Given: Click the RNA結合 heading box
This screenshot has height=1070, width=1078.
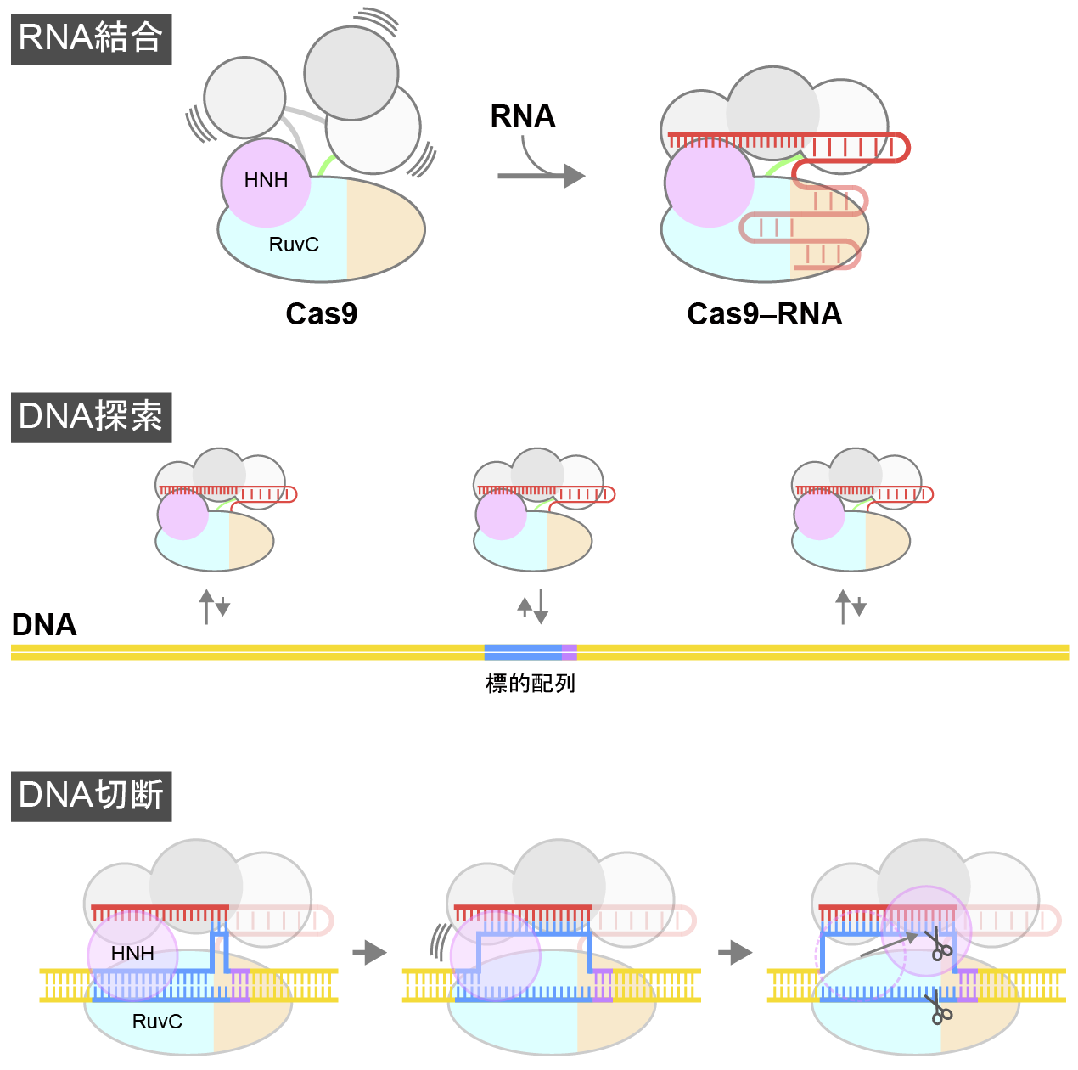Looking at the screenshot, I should click(x=91, y=39).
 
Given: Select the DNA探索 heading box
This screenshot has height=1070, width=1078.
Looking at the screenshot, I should click(x=91, y=417).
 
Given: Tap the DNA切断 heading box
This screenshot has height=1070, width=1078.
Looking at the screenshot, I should click(x=91, y=796).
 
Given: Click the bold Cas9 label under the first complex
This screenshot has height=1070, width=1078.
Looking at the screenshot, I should click(x=322, y=314).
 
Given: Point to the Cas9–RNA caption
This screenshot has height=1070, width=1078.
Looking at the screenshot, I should click(x=765, y=314).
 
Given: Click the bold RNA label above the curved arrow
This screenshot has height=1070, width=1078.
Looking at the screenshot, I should click(x=523, y=116).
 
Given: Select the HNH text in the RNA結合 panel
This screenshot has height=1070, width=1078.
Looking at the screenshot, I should click(x=266, y=180).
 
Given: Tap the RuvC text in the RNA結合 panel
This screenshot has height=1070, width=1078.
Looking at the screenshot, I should click(x=294, y=245).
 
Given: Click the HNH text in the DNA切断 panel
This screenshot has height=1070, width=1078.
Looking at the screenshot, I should click(x=132, y=954).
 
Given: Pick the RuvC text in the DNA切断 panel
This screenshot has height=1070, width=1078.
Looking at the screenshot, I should click(x=157, y=1022).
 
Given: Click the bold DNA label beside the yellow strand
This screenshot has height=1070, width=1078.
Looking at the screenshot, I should click(x=44, y=625).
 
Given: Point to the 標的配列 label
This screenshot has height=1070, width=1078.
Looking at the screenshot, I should click(x=531, y=684).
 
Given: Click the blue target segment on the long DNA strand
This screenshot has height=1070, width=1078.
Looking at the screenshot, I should click(x=522, y=652).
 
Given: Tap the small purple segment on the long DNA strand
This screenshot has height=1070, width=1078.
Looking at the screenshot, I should click(x=570, y=652).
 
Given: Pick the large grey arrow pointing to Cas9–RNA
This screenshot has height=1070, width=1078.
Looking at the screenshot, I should click(x=543, y=176).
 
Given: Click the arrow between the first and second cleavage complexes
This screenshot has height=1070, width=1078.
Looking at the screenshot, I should click(x=369, y=952).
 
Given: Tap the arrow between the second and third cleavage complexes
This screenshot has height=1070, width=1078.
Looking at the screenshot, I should click(x=735, y=952).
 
